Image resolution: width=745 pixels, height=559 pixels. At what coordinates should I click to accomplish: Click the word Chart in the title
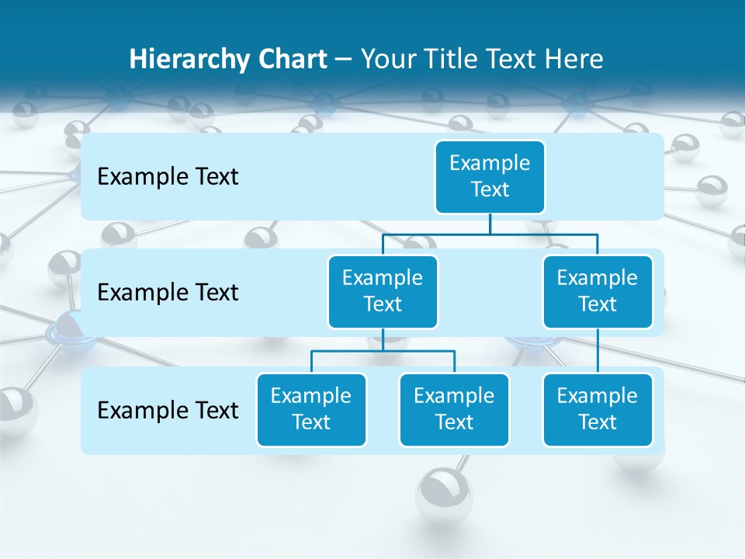point(291,60)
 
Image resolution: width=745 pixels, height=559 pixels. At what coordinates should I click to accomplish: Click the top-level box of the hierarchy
point(490,176)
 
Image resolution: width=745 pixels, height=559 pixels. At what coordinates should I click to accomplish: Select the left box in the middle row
point(383,291)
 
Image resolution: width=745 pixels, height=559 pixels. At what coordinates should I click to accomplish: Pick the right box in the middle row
point(598,291)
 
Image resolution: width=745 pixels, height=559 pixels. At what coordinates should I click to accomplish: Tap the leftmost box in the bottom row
point(311,409)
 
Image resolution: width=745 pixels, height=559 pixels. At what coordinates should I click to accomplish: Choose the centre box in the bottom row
point(454,409)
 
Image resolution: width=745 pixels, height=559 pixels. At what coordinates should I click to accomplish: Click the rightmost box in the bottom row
point(598,409)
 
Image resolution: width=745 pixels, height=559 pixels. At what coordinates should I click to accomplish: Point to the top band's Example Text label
point(168,177)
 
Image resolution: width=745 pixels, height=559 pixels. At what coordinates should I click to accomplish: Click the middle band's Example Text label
point(168,293)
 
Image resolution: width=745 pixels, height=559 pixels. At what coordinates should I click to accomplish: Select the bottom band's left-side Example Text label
point(168,410)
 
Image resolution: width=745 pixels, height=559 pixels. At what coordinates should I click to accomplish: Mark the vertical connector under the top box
point(490,224)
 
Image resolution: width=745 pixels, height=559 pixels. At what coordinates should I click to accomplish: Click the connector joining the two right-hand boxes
point(598,351)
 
